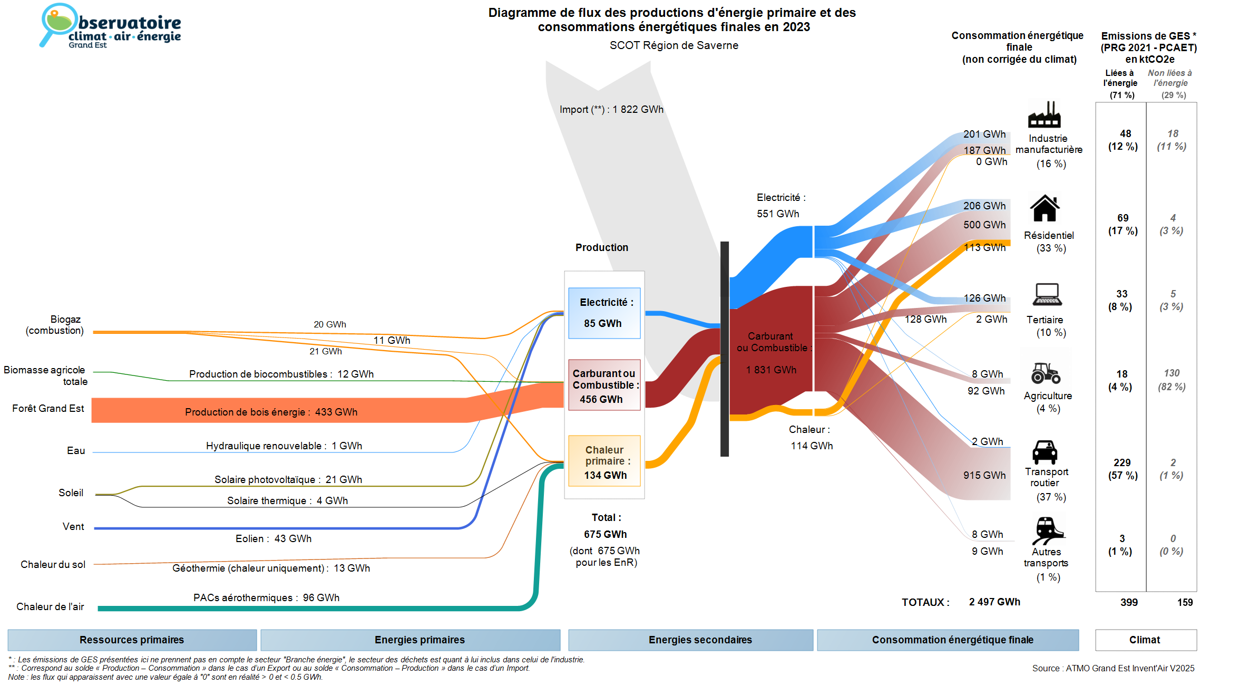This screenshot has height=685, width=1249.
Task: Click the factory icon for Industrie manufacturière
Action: [x=1044, y=114]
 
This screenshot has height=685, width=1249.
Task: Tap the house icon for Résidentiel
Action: [x=1045, y=208]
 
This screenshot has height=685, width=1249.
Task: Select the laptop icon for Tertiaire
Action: [x=1047, y=295]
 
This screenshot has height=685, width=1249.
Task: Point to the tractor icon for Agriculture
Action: [x=1046, y=373]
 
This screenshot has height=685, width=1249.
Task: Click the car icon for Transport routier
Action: [x=1045, y=452]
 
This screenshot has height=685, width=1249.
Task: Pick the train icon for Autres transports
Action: [x=1047, y=530]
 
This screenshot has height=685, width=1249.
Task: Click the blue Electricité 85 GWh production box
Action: [x=604, y=313]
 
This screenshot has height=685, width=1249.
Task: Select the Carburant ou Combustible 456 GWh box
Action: [x=604, y=385]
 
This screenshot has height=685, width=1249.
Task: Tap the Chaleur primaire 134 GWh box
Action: [x=604, y=461]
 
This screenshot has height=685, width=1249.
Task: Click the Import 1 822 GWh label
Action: [x=611, y=109]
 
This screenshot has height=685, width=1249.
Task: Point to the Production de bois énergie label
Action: [x=271, y=412]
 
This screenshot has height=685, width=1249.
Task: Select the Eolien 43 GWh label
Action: [x=273, y=538]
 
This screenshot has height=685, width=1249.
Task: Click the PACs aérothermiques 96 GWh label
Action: [x=266, y=597]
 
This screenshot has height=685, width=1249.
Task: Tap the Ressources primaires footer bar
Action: [x=132, y=640]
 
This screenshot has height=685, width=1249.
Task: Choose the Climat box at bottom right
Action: [x=1145, y=640]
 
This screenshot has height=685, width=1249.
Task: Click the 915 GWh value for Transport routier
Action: [x=984, y=475]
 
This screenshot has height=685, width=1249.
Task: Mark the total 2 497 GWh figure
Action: [x=994, y=602]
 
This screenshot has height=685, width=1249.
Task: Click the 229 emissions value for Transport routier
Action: [x=1122, y=462]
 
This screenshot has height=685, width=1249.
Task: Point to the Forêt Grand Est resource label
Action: [x=48, y=408]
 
